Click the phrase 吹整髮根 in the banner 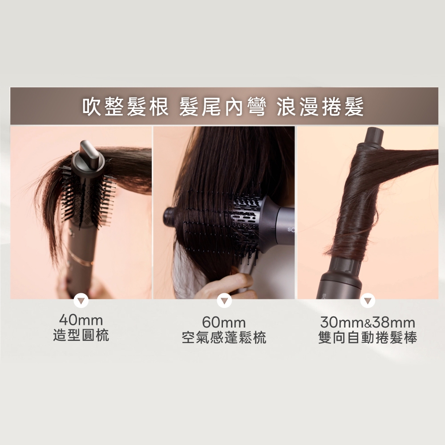click(125, 107)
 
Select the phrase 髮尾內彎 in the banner click(222, 107)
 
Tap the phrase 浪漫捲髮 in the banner click(320, 107)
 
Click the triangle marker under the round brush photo click(81, 301)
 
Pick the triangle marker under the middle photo click(224, 301)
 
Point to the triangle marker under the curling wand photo click(368, 301)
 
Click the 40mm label click(81, 320)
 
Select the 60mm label click(224, 322)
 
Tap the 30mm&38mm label click(368, 322)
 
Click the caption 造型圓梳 click(81, 335)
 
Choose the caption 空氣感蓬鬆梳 click(224, 337)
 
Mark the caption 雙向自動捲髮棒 click(368, 337)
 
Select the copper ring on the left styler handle click(81, 259)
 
